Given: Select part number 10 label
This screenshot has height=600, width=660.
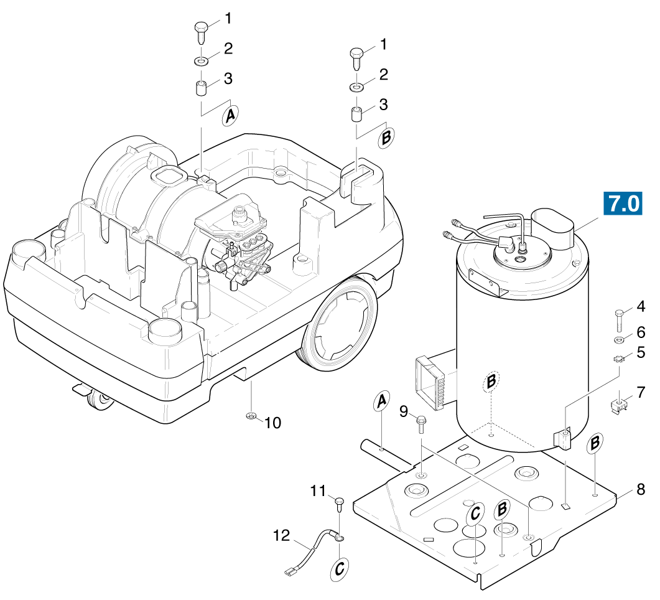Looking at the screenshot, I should click(273, 423).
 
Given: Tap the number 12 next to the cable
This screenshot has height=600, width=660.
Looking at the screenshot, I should click(282, 535).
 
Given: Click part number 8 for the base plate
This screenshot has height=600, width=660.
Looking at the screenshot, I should click(640, 489).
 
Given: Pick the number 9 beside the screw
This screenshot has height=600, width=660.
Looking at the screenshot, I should click(404, 411).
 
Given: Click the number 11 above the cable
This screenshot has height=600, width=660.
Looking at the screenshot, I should click(318, 491).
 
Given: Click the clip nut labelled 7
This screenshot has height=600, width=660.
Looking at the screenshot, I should click(618, 406).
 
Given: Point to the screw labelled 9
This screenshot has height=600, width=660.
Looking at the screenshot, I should click(421, 425).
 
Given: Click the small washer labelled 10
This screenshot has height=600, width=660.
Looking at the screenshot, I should click(251, 416).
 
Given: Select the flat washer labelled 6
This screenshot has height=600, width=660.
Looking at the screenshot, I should click(620, 340).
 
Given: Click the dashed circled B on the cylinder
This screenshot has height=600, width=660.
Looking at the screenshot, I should click(492, 380).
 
